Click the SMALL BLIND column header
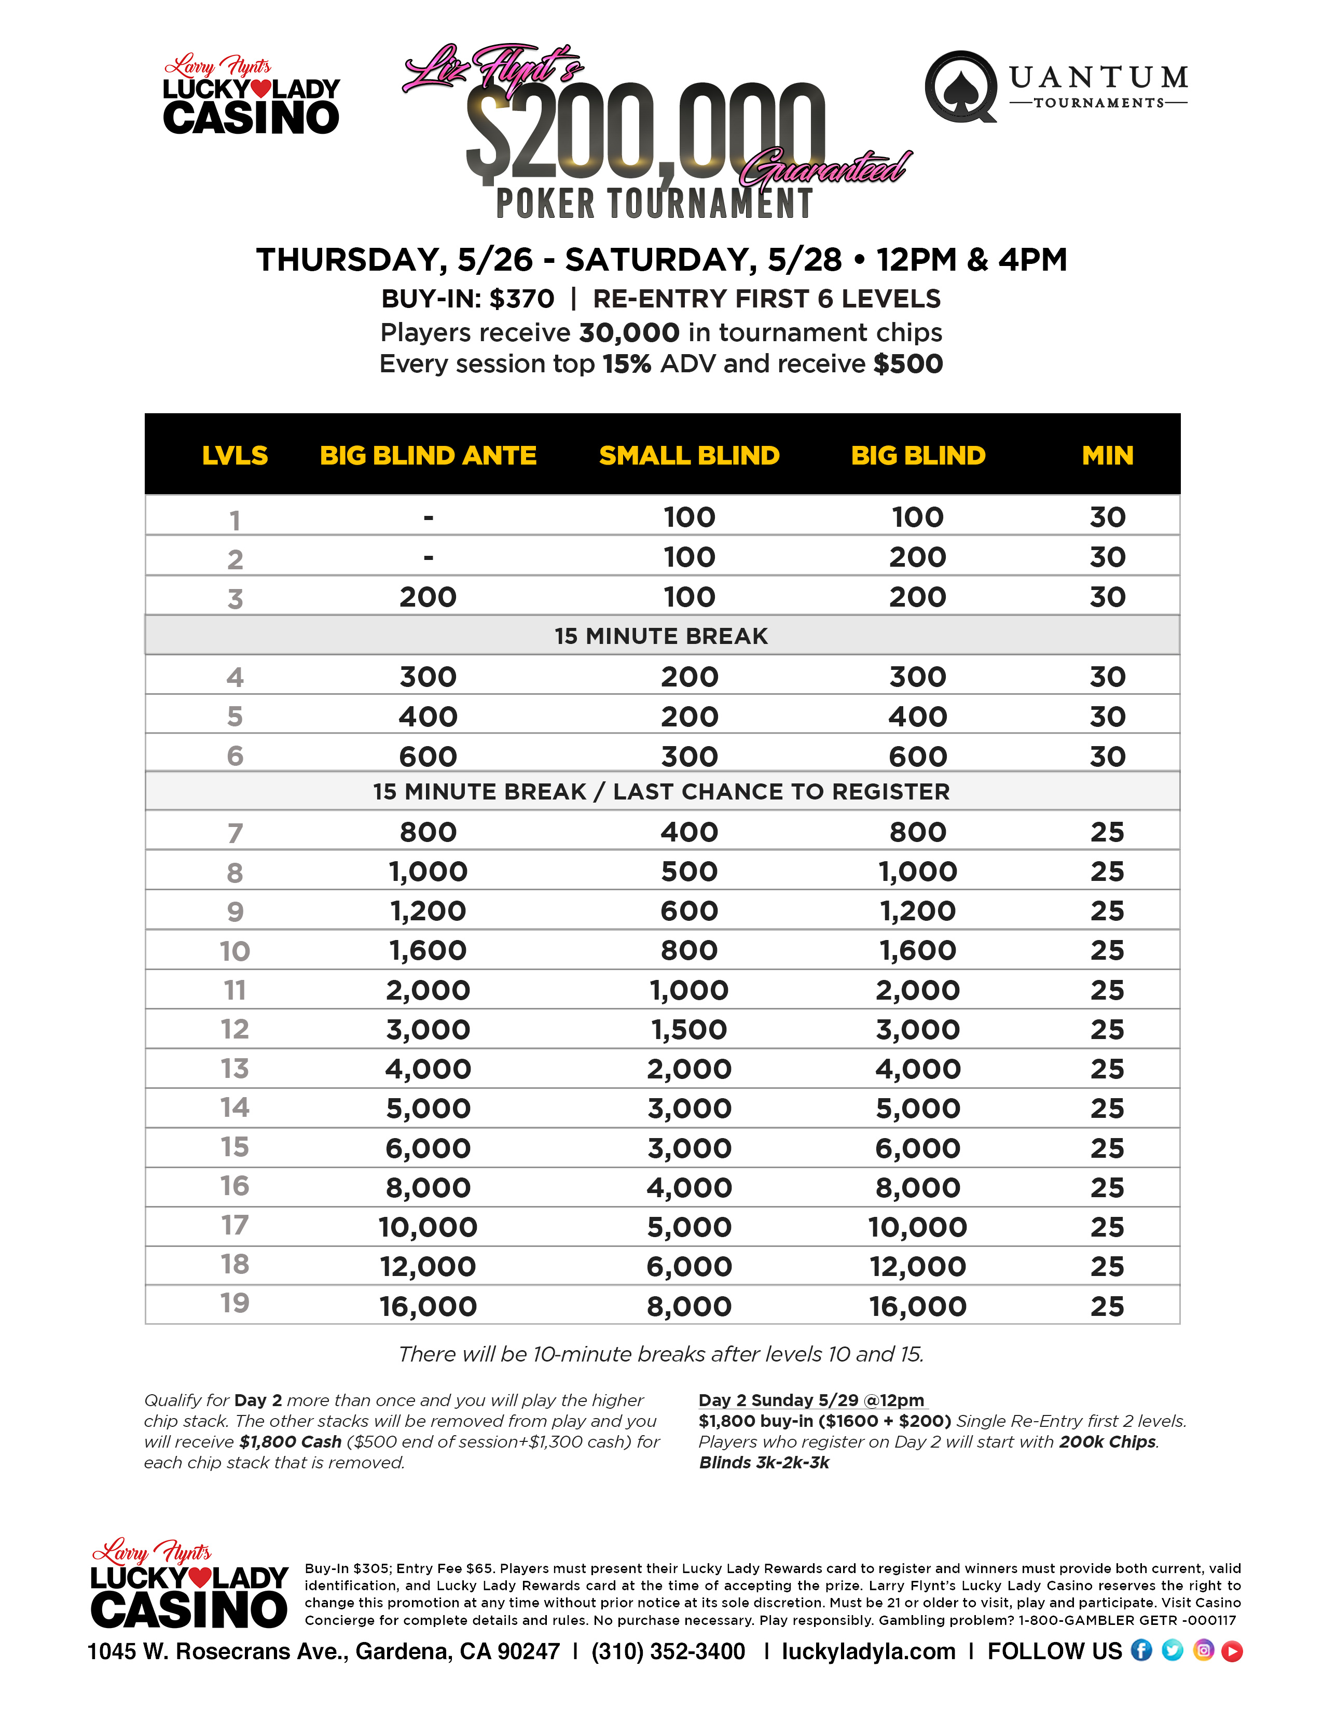click(x=689, y=455)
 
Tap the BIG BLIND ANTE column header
click(x=428, y=455)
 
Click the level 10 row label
click(x=235, y=951)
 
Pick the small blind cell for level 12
click(x=689, y=1029)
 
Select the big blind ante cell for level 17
click(x=428, y=1227)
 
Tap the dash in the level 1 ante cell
click(x=428, y=517)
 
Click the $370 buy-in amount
click(x=522, y=299)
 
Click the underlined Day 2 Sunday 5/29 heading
click(x=811, y=1400)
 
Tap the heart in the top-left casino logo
click(x=261, y=89)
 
